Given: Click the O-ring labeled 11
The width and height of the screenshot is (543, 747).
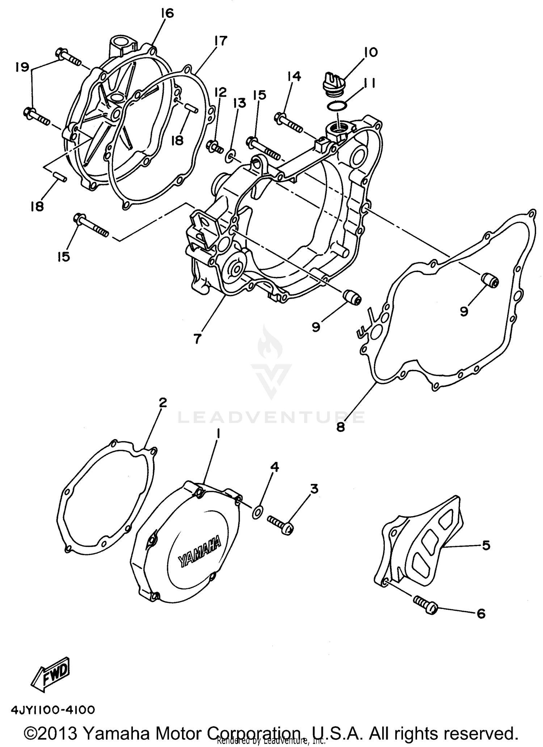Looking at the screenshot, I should click(337, 106).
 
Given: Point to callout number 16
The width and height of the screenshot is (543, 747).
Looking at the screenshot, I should click(167, 13).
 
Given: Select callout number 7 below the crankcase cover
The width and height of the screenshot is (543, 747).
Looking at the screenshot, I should click(197, 339).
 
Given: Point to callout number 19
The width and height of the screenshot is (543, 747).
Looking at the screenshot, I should click(22, 67).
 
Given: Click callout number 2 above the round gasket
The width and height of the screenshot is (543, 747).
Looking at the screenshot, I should click(163, 402).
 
